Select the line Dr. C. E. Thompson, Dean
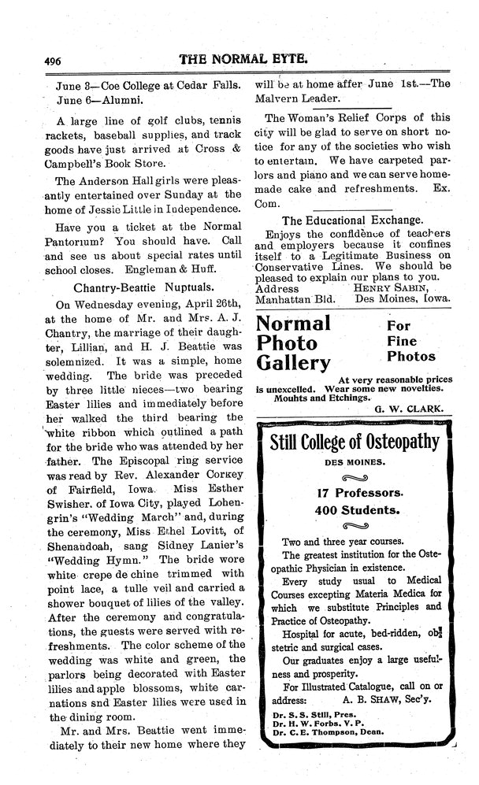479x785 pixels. (x=334, y=734)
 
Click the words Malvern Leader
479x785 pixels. (x=293, y=98)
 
